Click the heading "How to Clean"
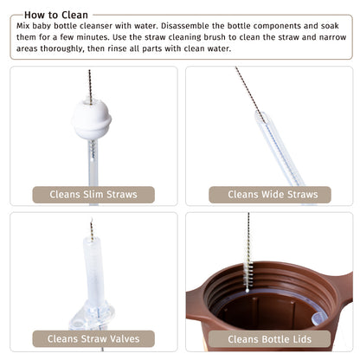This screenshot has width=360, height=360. pos(56,15)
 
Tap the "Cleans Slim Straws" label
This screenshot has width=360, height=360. pos(93,195)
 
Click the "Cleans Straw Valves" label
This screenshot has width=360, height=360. pos(93,338)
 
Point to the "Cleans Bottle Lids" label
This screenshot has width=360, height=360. pos(269,339)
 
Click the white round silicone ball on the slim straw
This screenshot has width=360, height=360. pos(92,119)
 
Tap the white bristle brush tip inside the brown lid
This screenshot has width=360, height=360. pos(248,275)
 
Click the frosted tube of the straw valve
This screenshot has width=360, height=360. pos(94,271)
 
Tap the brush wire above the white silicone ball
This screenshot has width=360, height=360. pos(90,85)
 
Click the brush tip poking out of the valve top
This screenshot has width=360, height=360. pos(92,230)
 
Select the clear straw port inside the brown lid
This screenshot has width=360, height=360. pos(318,318)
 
